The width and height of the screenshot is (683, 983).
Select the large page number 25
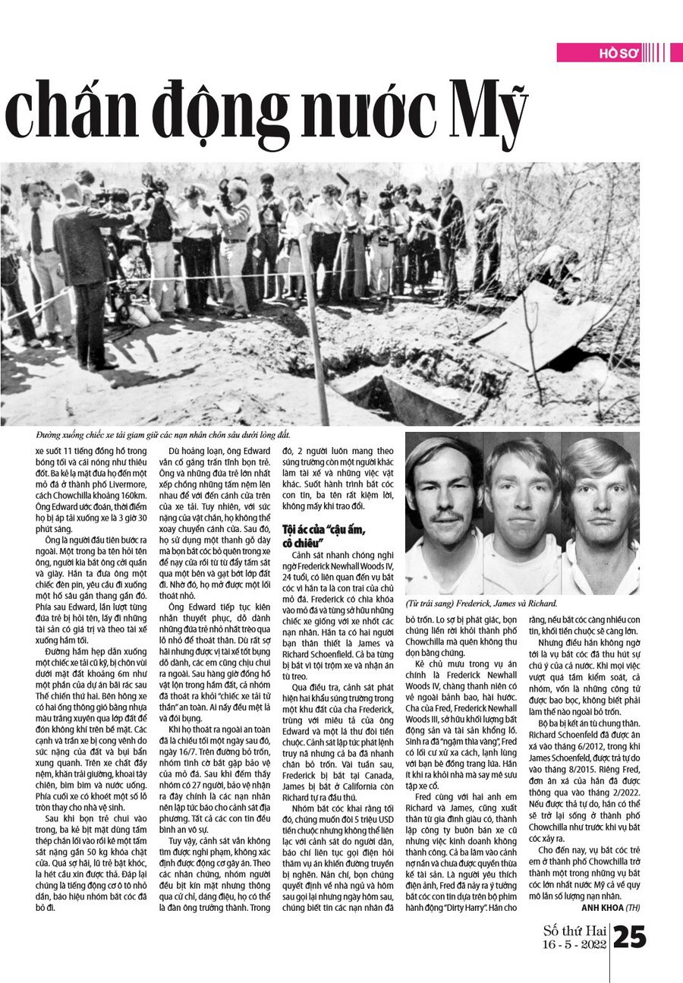click(629, 937)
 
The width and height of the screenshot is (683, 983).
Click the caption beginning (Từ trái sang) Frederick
click(482, 603)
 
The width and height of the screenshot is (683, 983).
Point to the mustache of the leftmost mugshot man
click(442, 517)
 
